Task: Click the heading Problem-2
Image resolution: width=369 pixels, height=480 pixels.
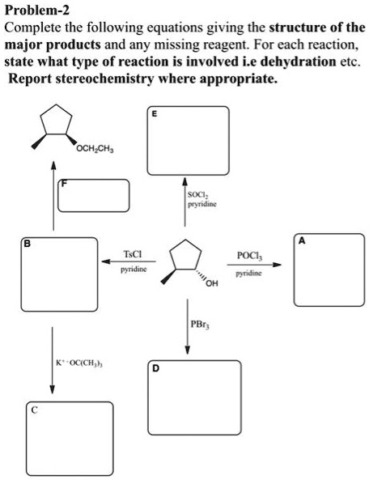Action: tap(37, 11)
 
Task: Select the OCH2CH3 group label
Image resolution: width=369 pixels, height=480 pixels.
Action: tap(95, 150)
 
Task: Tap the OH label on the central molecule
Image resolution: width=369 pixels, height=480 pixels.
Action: tap(212, 283)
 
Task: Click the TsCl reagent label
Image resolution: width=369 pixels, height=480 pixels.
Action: tap(133, 254)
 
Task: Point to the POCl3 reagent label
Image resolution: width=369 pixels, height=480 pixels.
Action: tap(250, 255)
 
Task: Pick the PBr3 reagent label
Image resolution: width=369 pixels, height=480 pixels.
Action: tap(200, 325)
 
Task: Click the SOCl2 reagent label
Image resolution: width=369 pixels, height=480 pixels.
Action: tap(198, 195)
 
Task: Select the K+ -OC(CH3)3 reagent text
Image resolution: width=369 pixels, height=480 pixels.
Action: tap(79, 363)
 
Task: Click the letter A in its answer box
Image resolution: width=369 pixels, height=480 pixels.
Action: tap(302, 241)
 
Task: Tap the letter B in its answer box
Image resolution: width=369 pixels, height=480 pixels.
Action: tap(28, 244)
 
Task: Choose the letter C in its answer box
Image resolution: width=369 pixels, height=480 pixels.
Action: tap(35, 410)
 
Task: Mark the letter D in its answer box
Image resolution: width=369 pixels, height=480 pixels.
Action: tap(155, 368)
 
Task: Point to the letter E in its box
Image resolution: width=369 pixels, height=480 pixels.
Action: tap(155, 114)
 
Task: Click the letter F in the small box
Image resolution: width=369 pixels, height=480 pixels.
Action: tap(64, 184)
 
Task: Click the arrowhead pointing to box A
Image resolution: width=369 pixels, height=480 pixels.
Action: tap(277, 265)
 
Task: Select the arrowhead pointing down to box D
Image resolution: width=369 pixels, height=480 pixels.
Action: tap(188, 350)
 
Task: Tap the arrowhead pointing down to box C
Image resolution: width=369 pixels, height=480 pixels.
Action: tap(53, 389)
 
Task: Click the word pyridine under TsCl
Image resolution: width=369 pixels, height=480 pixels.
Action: tap(134, 270)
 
